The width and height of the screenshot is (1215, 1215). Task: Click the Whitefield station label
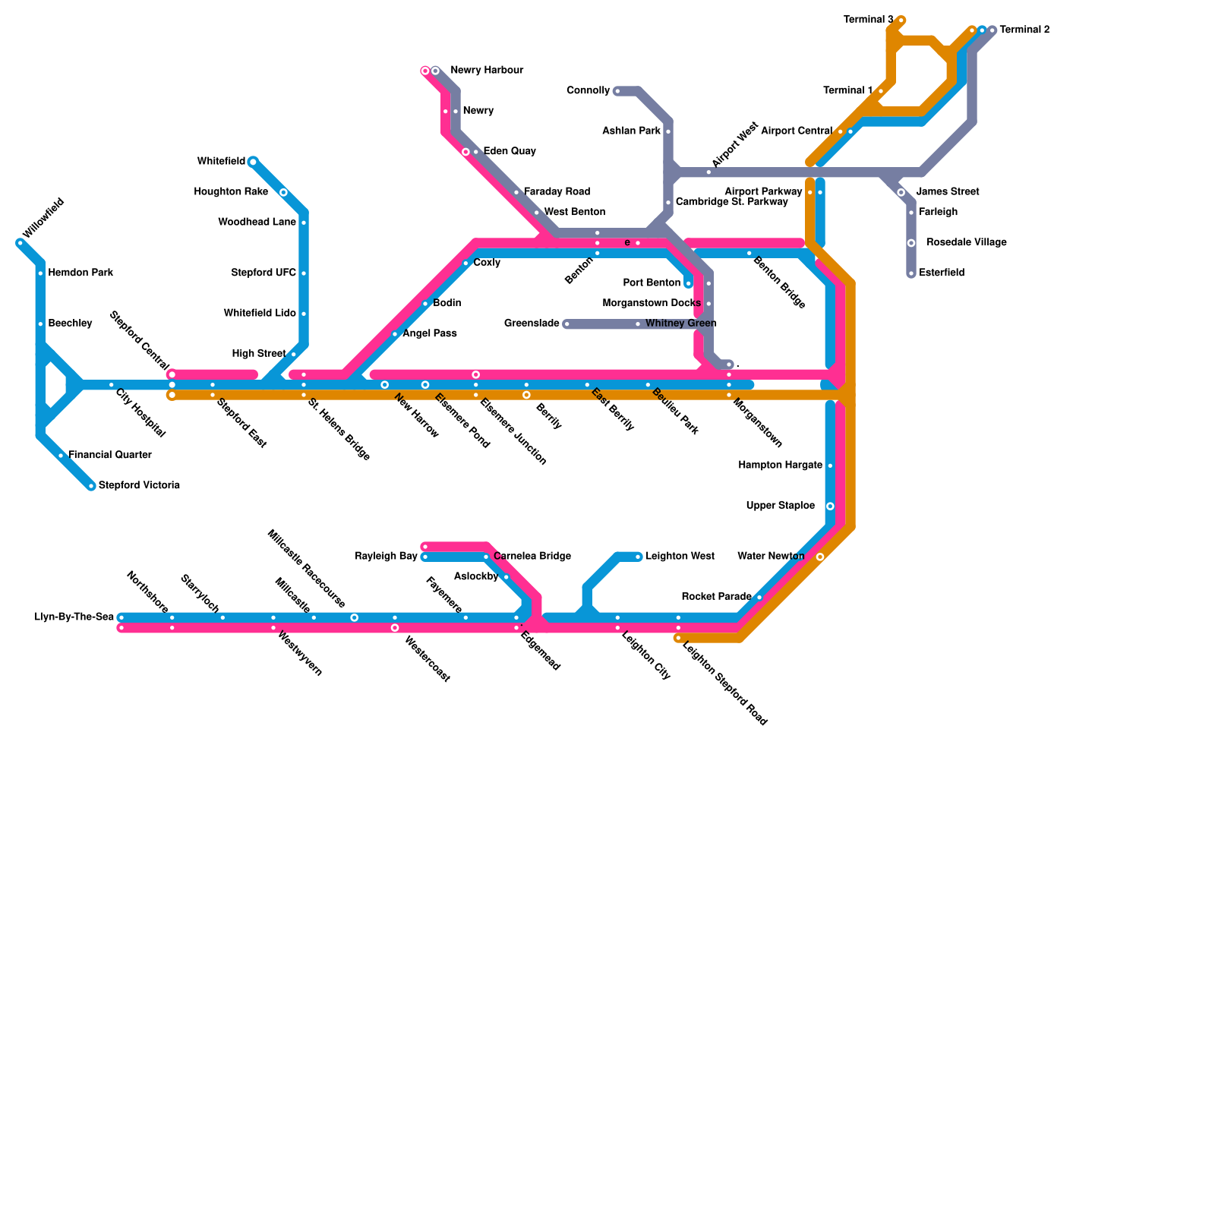click(220, 162)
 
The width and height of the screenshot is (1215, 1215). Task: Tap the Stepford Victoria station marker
click(91, 486)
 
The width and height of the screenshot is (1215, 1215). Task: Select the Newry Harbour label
click(486, 71)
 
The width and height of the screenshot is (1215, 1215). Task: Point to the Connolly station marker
click(617, 91)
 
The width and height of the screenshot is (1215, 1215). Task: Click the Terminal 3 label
click(868, 20)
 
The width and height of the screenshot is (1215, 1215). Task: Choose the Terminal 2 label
click(1024, 30)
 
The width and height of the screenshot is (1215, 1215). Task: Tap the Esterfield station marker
click(911, 273)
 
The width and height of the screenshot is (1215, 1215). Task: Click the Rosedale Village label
click(966, 243)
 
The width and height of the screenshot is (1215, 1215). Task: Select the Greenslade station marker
click(566, 324)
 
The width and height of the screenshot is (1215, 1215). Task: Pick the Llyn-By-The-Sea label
click(74, 617)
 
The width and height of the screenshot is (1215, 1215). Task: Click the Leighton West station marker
click(639, 557)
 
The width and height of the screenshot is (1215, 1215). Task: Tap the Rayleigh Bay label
click(386, 557)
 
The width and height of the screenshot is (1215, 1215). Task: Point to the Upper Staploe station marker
click(830, 507)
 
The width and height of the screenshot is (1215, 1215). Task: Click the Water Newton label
click(770, 557)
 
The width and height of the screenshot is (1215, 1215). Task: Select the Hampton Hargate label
click(780, 465)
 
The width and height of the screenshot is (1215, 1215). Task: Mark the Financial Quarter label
click(109, 456)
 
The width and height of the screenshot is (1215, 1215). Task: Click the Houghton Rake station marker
click(283, 193)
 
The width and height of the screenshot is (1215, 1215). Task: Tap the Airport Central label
click(796, 131)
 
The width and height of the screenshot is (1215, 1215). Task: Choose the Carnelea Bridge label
click(532, 557)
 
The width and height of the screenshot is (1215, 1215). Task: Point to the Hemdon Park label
click(80, 273)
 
